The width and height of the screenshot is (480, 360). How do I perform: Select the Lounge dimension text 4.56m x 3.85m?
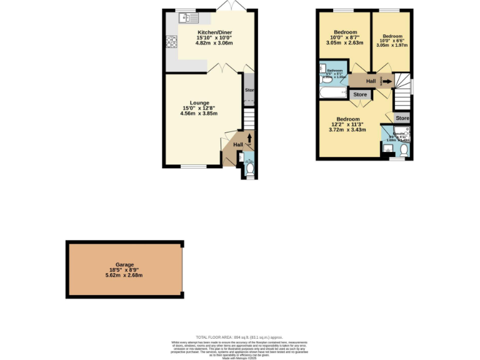(x=199, y=114)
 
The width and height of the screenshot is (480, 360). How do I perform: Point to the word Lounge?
(x=199, y=102)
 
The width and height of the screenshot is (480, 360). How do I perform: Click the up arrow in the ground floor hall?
(x=250, y=138)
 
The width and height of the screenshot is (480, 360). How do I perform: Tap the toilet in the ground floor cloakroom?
(x=250, y=167)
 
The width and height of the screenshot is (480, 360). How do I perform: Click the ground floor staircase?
(x=249, y=118)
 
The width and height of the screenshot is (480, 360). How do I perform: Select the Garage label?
(x=125, y=264)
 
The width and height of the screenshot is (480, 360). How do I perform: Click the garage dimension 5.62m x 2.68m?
(x=125, y=275)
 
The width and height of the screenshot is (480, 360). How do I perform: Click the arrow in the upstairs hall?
(x=388, y=81)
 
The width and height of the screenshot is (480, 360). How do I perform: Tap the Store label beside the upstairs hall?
(x=360, y=95)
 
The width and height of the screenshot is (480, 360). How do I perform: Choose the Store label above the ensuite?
(x=402, y=118)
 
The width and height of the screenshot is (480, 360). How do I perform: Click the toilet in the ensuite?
(x=404, y=151)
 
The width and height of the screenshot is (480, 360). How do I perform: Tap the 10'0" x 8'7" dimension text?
(x=345, y=38)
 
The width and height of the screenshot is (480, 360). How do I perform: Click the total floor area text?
(x=240, y=336)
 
